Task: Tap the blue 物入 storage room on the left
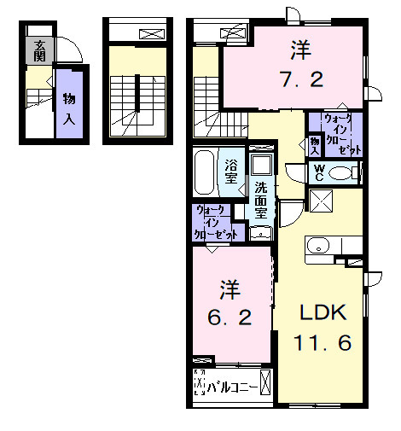[68, 108]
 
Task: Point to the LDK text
[323, 312]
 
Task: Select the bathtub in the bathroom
[206, 173]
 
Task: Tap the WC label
[317, 172]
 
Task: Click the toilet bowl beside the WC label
[340, 174]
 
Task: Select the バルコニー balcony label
[234, 389]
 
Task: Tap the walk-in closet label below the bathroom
[218, 221]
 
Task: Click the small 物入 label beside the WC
[314, 142]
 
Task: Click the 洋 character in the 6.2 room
[229, 287]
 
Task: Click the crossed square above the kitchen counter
[323, 203]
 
